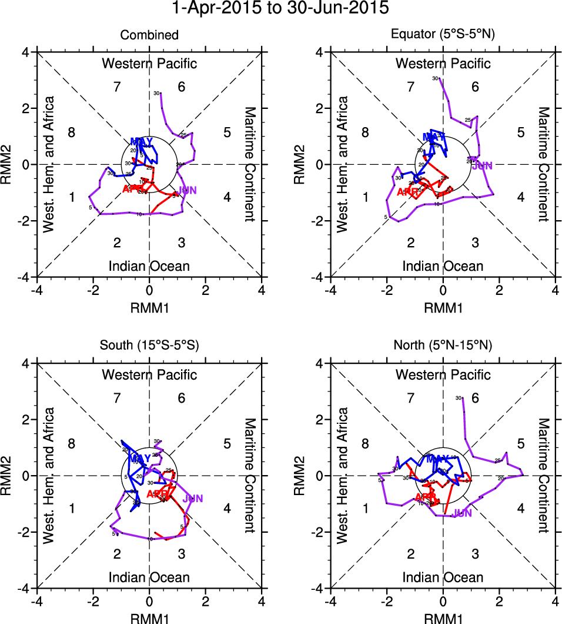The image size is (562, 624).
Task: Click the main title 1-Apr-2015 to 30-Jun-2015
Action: coord(280,9)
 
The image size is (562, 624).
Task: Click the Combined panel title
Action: coord(149,35)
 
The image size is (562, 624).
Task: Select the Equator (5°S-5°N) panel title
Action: coord(443,35)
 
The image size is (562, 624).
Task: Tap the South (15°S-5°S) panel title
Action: coord(149,346)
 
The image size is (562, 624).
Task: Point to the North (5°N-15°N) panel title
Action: coord(443,346)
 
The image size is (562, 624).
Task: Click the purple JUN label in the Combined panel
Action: coord(187,190)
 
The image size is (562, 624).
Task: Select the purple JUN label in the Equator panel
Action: coord(482,166)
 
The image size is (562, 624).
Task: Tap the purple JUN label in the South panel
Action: coord(193,499)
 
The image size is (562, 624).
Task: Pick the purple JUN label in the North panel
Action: coord(463,513)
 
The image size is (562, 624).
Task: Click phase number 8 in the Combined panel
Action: coord(71,132)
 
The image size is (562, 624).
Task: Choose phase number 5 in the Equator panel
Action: coord(520,132)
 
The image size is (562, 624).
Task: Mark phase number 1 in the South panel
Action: coord(71,508)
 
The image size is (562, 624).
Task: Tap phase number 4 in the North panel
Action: coord(520,508)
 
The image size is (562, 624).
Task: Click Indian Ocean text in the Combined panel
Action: coord(149,266)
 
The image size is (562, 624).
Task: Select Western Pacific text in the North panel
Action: coord(443,374)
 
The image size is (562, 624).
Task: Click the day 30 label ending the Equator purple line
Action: coord(435,78)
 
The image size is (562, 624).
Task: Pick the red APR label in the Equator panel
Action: coord(407,192)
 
